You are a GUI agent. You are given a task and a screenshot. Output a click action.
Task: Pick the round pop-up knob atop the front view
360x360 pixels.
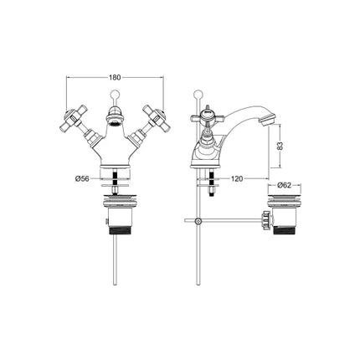[112, 90]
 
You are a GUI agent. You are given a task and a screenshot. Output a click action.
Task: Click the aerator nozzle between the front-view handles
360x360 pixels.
[112, 125]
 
